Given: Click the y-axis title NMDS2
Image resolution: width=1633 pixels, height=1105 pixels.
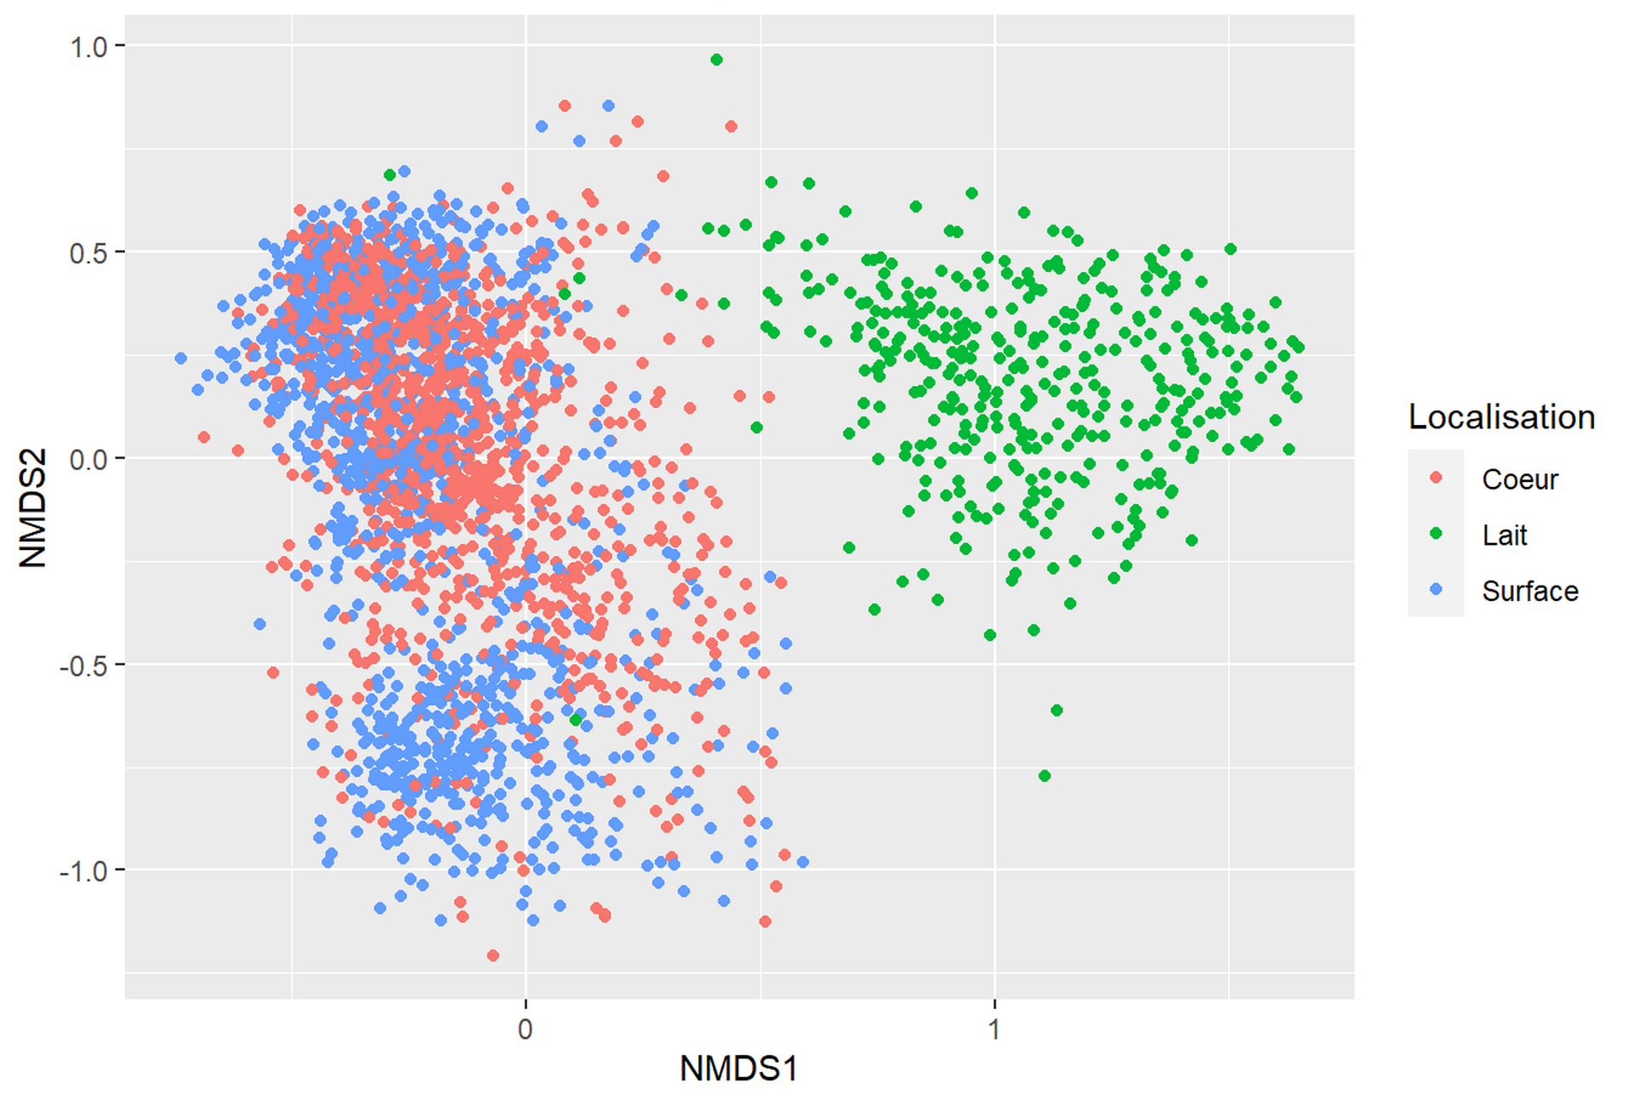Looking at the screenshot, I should [32, 507].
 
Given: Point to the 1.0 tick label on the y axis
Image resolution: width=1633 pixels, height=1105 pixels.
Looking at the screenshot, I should [88, 47].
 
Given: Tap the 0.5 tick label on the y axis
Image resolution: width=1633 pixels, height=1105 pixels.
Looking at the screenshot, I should [88, 252].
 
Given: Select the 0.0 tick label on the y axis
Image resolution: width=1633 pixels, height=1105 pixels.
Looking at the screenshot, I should [88, 459].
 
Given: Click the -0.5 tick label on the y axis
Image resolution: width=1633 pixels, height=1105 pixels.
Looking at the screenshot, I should [84, 666].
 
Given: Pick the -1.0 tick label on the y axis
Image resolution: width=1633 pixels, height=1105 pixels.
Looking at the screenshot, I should [84, 871].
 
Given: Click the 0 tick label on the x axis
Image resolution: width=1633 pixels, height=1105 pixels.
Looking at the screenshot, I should [526, 1029].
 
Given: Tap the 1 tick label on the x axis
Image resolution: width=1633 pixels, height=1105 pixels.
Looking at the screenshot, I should [993, 1029].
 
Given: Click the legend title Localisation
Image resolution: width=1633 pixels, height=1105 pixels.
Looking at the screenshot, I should [1501, 416].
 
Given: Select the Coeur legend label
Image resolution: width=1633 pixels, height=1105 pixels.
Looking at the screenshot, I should [1520, 479].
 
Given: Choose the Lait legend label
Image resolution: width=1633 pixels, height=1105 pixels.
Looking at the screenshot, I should [1505, 535].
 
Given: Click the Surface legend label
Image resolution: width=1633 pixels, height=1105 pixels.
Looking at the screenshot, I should [1530, 591].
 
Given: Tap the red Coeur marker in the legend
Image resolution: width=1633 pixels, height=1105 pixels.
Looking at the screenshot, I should [1437, 478].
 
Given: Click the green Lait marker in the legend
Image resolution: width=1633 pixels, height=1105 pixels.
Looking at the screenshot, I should [1437, 534].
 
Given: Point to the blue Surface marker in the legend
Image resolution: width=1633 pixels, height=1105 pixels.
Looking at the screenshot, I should [1437, 589].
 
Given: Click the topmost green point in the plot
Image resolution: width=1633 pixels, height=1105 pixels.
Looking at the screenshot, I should [717, 59].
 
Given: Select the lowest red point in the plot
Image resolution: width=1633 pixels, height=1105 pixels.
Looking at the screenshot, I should [492, 955].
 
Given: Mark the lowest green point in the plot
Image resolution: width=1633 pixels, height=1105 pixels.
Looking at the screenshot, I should [1044, 775].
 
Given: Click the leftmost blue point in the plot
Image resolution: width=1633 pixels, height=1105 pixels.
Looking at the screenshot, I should [181, 359].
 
